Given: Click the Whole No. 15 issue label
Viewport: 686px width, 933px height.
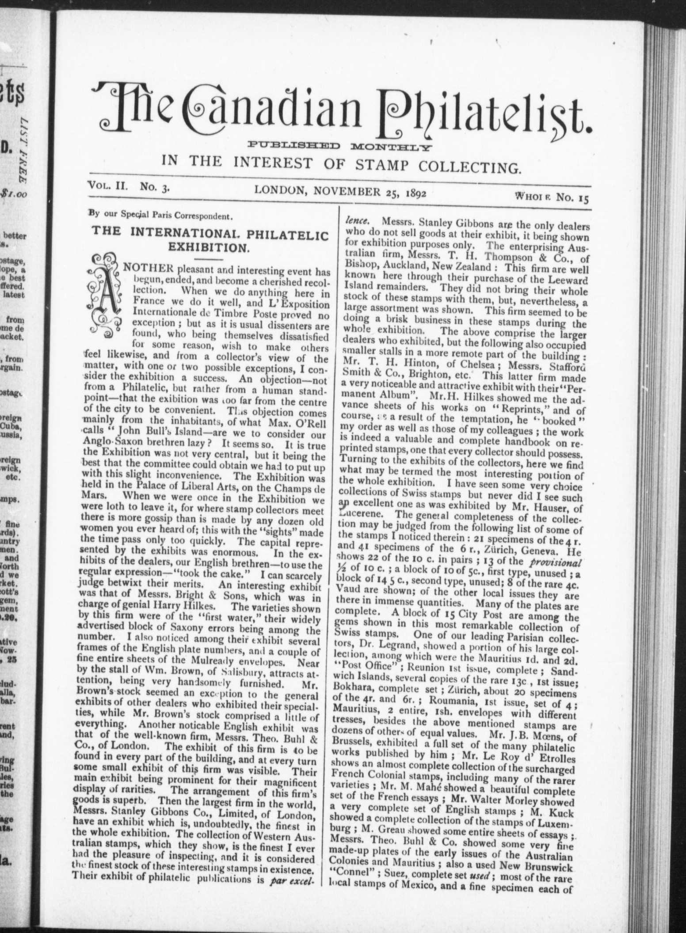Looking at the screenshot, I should click(551, 197).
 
